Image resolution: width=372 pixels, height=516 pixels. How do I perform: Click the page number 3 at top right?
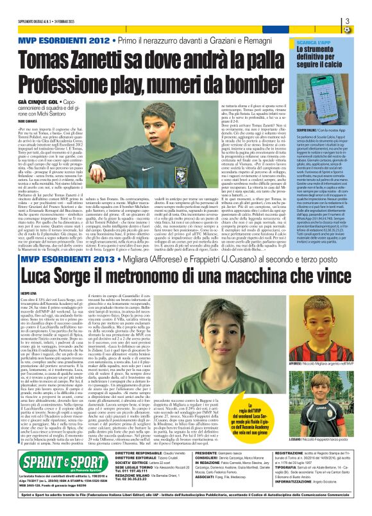click(364, 23)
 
